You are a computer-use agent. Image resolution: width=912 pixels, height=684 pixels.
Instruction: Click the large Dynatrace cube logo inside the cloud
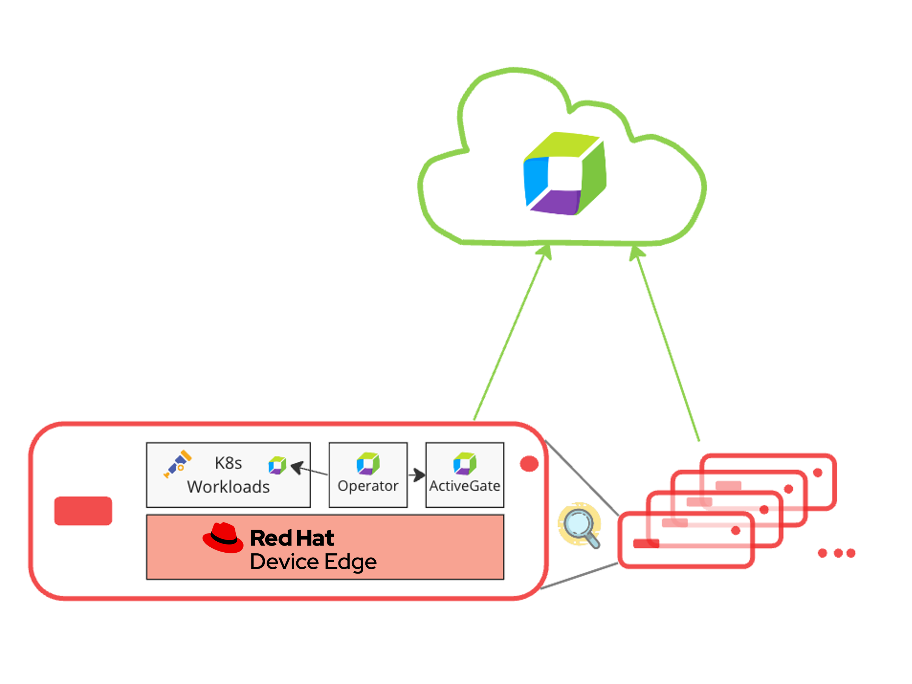tap(564, 173)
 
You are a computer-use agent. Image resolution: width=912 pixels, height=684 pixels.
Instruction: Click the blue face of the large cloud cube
tap(536, 179)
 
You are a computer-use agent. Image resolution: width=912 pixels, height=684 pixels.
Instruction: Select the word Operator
tap(368, 486)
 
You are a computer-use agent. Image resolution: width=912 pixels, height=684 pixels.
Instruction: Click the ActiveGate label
tap(464, 486)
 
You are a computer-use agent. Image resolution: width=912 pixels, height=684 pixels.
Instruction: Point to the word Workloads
tap(228, 487)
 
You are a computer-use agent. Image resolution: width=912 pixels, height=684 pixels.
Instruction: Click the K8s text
tap(228, 463)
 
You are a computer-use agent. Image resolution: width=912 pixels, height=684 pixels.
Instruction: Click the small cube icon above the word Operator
tap(368, 463)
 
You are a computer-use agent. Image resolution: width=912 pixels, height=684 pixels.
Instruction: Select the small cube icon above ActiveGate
tap(464, 463)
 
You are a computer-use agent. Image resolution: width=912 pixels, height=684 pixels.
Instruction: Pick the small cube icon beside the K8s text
tap(277, 466)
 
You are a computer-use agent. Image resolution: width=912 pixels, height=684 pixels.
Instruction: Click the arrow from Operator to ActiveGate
tap(417, 475)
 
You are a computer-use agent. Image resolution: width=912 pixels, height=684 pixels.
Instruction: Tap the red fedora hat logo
tap(223, 538)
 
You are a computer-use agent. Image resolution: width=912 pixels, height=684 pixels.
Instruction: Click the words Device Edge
tap(313, 562)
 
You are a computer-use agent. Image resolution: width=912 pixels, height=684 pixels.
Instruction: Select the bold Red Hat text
tap(292, 538)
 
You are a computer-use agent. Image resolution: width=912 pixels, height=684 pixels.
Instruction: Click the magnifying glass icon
tap(580, 525)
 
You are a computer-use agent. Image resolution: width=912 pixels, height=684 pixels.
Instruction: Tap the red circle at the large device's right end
tap(529, 464)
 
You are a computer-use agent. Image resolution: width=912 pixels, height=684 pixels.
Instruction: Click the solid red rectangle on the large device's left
tap(83, 511)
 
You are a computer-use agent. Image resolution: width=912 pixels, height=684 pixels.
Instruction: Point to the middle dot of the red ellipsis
tap(838, 553)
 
